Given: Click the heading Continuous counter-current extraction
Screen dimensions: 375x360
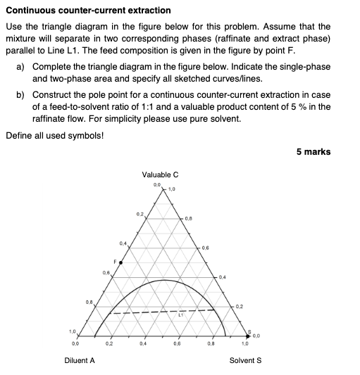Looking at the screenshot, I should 88,11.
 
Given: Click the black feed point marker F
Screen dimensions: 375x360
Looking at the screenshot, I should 120,262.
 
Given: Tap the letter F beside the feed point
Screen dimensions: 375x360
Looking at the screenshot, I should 114,260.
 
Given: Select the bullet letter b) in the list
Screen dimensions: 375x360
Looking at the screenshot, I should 20,94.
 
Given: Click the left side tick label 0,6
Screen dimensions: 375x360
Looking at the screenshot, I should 105,272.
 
